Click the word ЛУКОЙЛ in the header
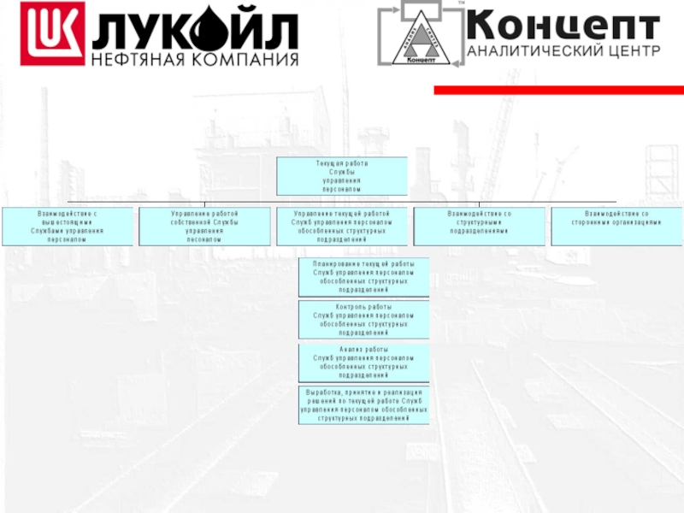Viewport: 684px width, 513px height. coord(196,31)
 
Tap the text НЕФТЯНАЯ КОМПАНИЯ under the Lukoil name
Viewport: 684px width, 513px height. coord(196,60)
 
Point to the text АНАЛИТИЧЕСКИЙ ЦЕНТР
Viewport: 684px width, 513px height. coord(564,50)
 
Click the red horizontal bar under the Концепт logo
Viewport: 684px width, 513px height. coord(559,90)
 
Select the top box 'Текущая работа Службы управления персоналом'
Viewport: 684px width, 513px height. coord(341,175)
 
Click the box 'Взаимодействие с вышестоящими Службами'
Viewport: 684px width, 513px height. coord(68,226)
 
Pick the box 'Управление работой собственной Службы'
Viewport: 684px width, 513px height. coord(204,226)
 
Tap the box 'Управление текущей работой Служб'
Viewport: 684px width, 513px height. coord(341,226)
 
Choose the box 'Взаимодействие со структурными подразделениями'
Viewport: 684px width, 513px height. coord(479,226)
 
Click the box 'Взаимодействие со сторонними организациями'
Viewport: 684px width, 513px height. coord(616,226)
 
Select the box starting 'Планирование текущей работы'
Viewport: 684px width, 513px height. coord(363,277)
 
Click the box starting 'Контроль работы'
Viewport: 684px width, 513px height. coord(363,319)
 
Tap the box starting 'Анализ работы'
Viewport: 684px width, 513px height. coord(363,363)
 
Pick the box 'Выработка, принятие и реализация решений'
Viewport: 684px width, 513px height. coord(363,405)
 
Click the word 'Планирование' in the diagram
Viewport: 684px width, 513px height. coord(333,265)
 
